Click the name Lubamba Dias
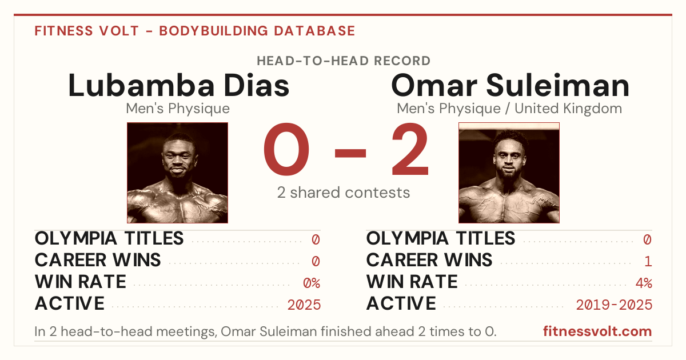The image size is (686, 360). pyautogui.click(x=178, y=85)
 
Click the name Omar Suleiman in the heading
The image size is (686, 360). pyautogui.click(x=510, y=85)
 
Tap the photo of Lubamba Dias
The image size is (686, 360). pyautogui.click(x=178, y=173)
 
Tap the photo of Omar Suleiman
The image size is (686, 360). pyautogui.click(x=509, y=173)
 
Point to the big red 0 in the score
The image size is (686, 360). pyautogui.click(x=286, y=149)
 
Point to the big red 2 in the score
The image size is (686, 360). pyautogui.click(x=410, y=149)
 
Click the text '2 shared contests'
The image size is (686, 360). pyautogui.click(x=344, y=193)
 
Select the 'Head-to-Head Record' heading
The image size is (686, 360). pyautogui.click(x=344, y=61)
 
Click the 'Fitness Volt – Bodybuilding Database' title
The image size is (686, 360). pyautogui.click(x=195, y=31)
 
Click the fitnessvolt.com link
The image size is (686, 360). pyautogui.click(x=597, y=331)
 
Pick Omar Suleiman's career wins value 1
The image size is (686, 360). pyautogui.click(x=648, y=262)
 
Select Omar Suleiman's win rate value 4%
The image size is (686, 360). pyautogui.click(x=644, y=283)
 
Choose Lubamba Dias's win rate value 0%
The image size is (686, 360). pyautogui.click(x=312, y=283)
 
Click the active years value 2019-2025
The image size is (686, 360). pyautogui.click(x=614, y=305)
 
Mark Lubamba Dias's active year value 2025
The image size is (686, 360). pyautogui.click(x=304, y=305)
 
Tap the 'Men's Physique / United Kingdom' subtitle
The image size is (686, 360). pyautogui.click(x=509, y=109)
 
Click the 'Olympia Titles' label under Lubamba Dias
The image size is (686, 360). pyautogui.click(x=109, y=238)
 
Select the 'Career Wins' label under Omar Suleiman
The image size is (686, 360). pyautogui.click(x=429, y=260)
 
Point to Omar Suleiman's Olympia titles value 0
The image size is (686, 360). pyautogui.click(x=647, y=239)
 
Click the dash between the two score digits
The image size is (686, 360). pyautogui.click(x=350, y=153)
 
